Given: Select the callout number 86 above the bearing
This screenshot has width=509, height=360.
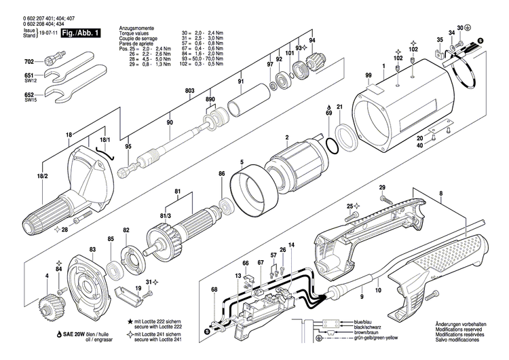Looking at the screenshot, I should [x=221, y=175].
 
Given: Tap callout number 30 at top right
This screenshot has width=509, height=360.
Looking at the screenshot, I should [x=459, y=27].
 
